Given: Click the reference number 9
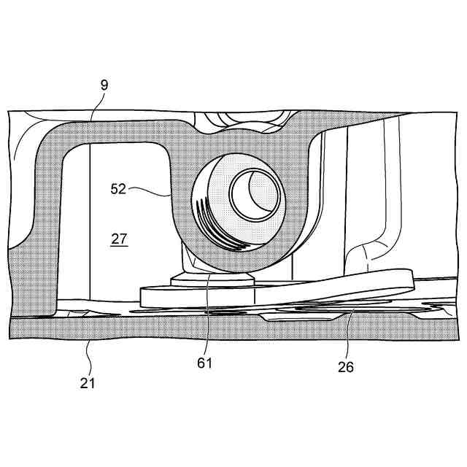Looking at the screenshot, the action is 104,85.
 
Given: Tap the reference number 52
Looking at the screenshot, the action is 118,188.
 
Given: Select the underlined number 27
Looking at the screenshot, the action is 120,238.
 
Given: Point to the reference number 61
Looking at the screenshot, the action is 204,363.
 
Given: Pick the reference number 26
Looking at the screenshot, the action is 346,367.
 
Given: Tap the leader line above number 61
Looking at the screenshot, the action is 207,313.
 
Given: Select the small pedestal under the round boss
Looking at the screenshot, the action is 212,279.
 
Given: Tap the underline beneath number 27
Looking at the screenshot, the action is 120,247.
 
